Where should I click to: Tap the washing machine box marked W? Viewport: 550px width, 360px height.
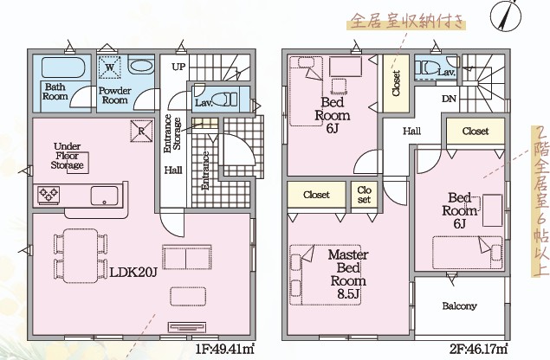pos(111,65)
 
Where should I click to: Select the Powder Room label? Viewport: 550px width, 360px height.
pos(113,94)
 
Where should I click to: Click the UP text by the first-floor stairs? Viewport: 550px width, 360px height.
pos(178,66)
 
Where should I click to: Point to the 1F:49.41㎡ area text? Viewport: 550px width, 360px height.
pos(224,349)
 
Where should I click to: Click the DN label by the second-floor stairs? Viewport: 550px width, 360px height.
pos(450,99)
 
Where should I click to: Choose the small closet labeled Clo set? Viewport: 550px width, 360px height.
pos(364,196)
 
